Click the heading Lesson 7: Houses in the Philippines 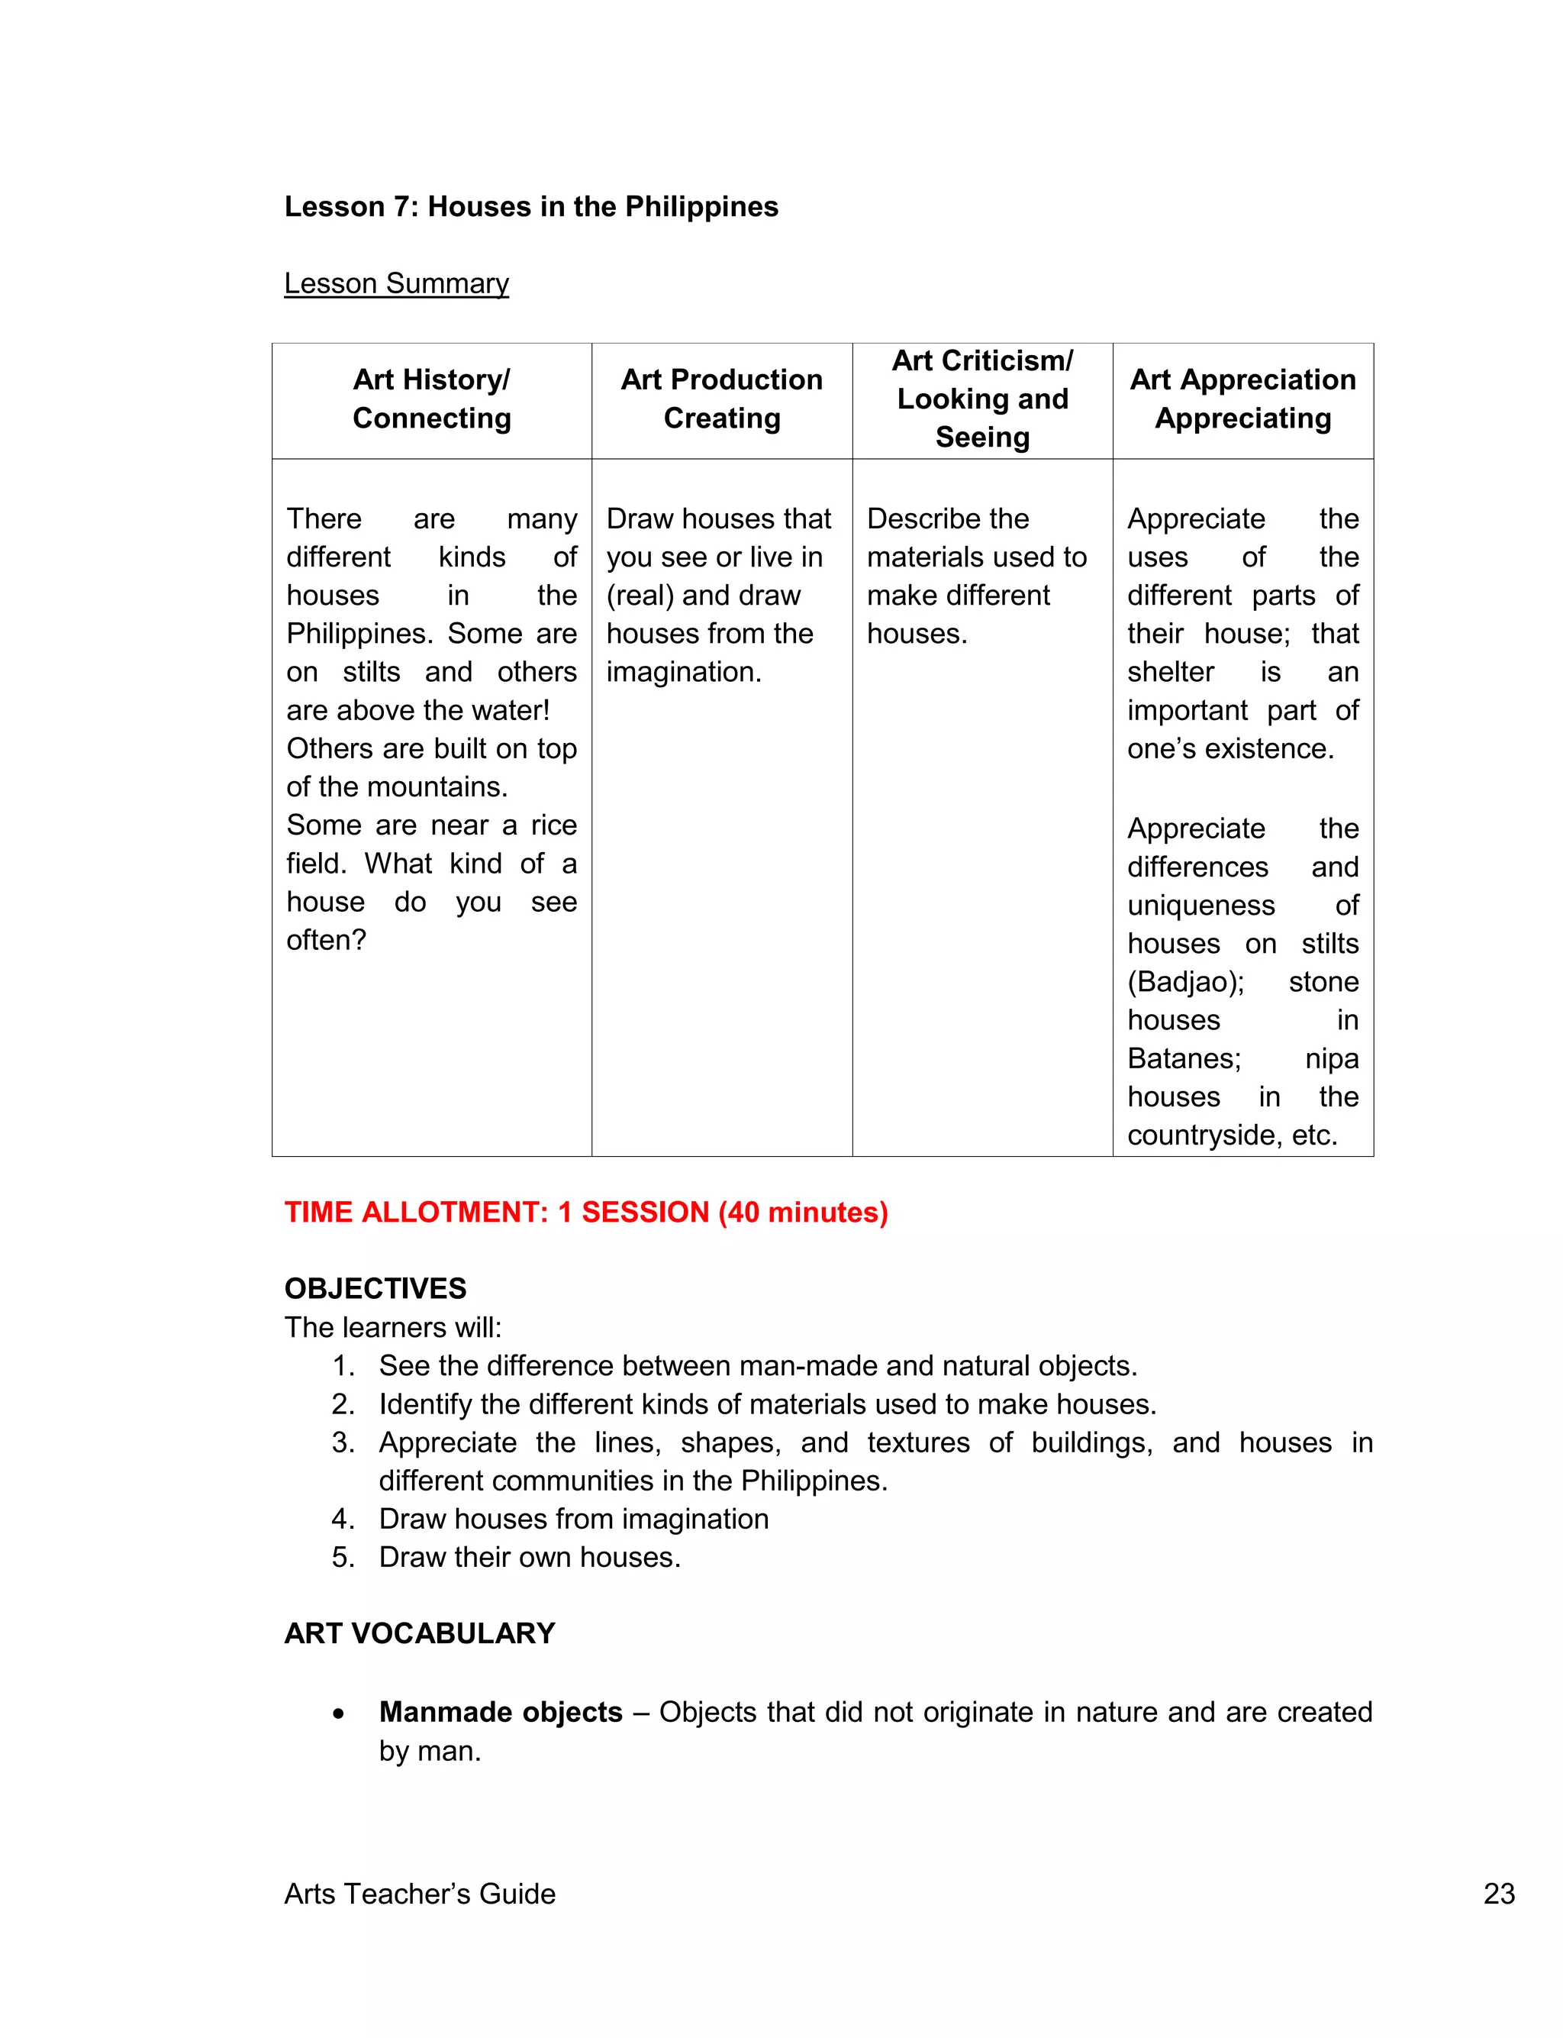(x=530, y=207)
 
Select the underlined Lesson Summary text (x=396, y=283)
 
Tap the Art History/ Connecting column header (x=432, y=399)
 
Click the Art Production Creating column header (x=721, y=399)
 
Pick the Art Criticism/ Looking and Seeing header (x=981, y=399)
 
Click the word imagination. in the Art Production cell (x=684, y=672)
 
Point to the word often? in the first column (x=326, y=940)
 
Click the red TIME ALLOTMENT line (x=586, y=1213)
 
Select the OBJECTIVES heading (x=375, y=1289)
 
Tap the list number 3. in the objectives (x=343, y=1442)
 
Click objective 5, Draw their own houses (x=530, y=1558)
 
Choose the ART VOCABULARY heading (x=420, y=1634)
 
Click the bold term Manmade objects (x=501, y=1712)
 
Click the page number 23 (x=1499, y=1894)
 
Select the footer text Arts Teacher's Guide (x=420, y=1894)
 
